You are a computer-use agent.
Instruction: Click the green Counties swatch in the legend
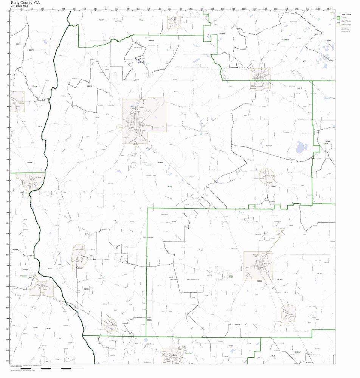pos(338,18)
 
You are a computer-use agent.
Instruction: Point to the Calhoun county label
pos(286,39)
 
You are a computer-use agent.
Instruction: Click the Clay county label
pos(141,20)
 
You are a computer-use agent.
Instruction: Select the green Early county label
pos(170,186)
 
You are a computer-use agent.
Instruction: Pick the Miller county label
pos(231,276)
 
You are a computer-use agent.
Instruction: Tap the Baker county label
pos(325,144)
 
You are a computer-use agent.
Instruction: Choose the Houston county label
pos(24,276)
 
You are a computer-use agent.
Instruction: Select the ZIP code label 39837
pos(259,281)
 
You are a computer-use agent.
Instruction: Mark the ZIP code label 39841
pos(273,186)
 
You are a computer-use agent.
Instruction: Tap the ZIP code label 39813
pos(299,88)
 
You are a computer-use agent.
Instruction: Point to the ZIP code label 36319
pos(29,163)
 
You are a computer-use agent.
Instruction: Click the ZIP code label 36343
pos(48,328)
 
